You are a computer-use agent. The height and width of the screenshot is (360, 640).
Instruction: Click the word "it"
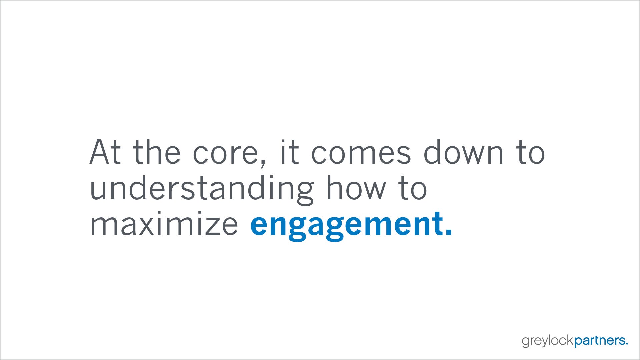click(x=289, y=152)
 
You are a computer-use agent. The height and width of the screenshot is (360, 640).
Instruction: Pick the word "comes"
click(x=361, y=154)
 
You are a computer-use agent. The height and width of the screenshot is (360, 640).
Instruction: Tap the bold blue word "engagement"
click(x=347, y=225)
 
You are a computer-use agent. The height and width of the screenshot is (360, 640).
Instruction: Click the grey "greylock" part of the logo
click(x=548, y=341)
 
